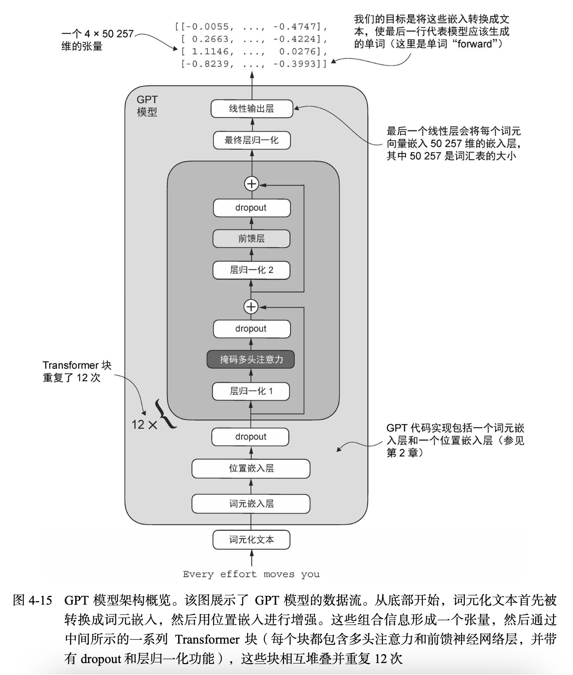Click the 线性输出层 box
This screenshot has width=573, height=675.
[x=252, y=109]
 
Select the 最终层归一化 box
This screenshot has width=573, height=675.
[x=252, y=140]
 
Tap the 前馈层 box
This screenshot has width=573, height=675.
[x=252, y=239]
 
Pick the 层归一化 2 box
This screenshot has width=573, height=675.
[x=252, y=270]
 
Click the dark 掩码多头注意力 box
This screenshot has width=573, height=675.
[x=251, y=360]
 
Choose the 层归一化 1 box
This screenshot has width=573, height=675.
[x=251, y=391]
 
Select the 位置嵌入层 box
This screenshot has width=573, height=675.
[x=251, y=468]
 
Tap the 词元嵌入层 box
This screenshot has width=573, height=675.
[x=251, y=504]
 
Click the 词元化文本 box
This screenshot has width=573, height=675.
[x=251, y=540]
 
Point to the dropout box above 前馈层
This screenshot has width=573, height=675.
[x=252, y=208]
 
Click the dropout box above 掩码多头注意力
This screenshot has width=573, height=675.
[x=252, y=329]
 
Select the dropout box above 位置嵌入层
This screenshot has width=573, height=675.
[x=250, y=437]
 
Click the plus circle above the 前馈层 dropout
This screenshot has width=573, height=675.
[x=252, y=184]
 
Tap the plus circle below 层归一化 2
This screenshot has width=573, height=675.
[x=251, y=307]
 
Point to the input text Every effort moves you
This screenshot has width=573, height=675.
[x=251, y=574]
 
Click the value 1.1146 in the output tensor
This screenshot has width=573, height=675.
[x=210, y=51]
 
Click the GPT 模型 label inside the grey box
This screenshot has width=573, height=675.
[x=147, y=106]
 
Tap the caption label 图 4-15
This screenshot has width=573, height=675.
[x=33, y=600]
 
